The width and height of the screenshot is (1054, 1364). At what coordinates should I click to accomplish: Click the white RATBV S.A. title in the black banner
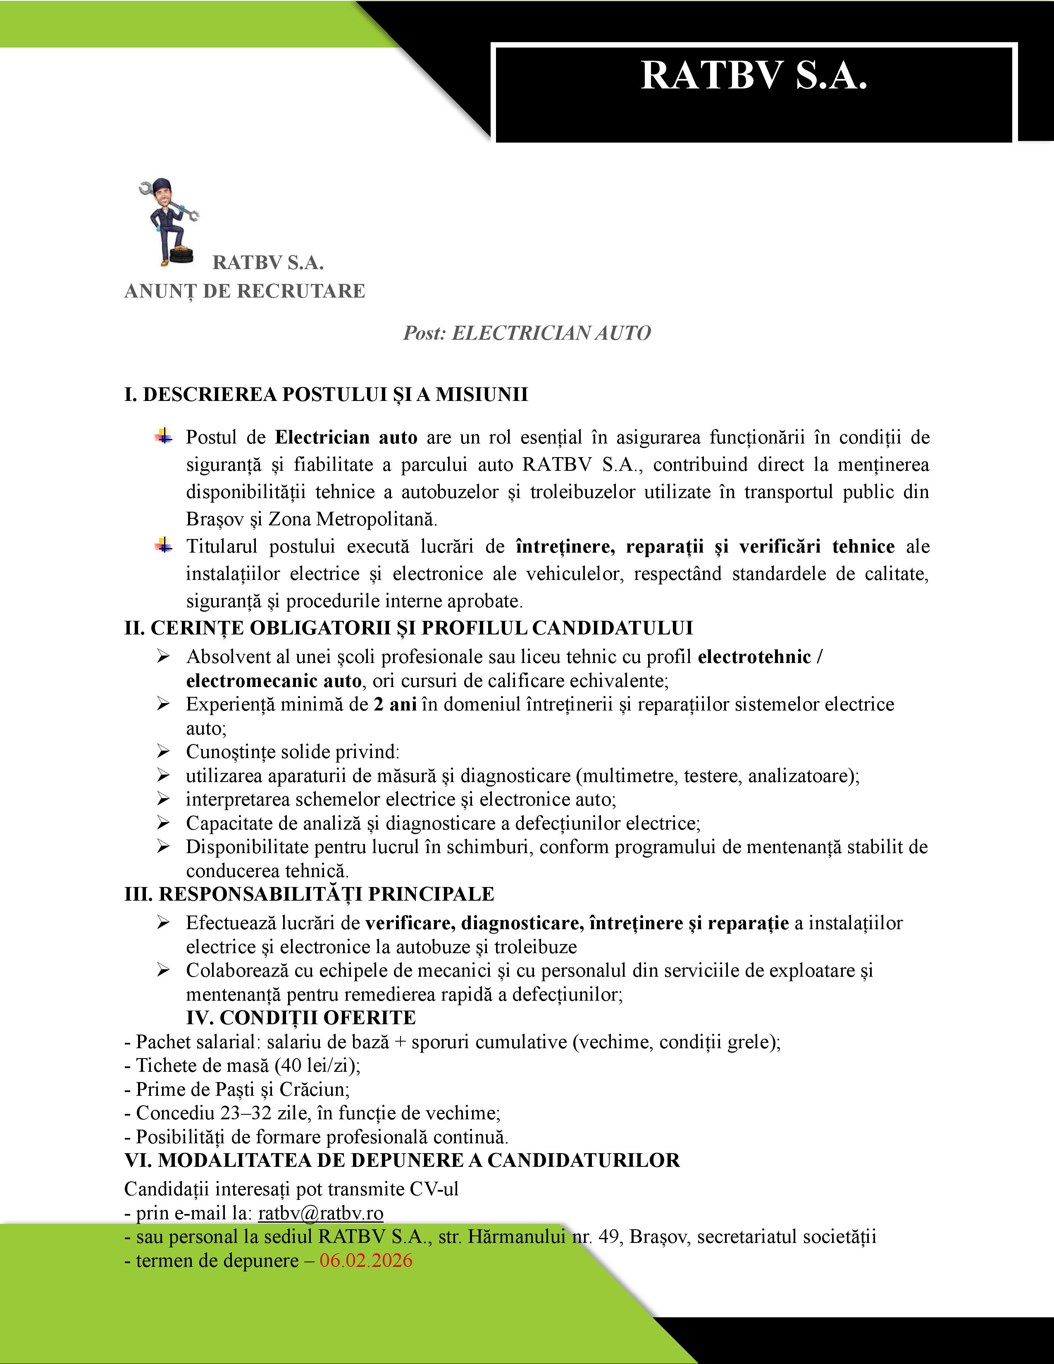pos(754,76)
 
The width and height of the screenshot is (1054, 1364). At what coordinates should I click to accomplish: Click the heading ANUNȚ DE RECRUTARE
pos(245,291)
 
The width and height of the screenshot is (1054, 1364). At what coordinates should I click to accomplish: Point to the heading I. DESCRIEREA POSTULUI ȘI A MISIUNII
pos(326,395)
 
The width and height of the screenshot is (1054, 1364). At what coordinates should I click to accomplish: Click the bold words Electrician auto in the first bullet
pos(346,437)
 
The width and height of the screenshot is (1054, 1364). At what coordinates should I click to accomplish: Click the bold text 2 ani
pos(395,704)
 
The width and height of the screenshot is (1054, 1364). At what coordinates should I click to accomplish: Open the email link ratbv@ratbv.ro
pos(320,1213)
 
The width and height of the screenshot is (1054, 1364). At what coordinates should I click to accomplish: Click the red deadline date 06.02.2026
pos(366,1260)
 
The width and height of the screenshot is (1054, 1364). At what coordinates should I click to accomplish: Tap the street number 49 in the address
pos(608,1237)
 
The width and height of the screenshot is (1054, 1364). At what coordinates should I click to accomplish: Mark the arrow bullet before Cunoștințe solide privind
pos(164,752)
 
